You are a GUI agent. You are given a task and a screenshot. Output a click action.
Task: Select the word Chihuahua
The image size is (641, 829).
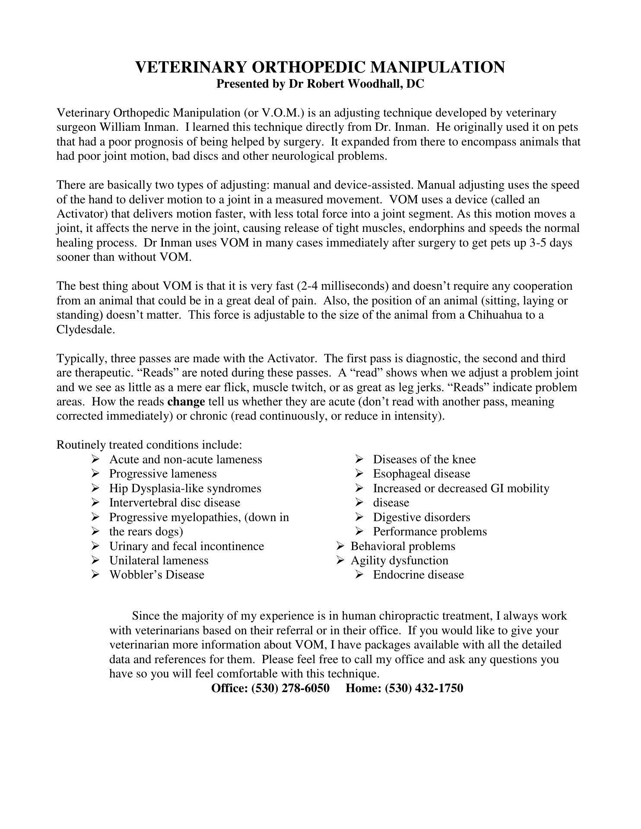click(x=495, y=315)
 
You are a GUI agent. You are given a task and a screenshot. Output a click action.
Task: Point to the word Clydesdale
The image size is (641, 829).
click(x=86, y=329)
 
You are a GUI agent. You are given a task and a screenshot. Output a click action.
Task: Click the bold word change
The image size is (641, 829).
click(x=186, y=402)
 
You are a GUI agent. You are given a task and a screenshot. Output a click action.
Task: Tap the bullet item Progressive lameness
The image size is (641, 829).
click(x=163, y=474)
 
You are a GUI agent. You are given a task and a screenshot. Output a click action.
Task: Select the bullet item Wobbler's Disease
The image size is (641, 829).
click(x=157, y=575)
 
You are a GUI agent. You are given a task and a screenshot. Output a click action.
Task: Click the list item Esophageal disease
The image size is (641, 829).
click(x=422, y=474)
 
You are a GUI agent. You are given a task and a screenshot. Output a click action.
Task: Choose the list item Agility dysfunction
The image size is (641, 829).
click(x=400, y=560)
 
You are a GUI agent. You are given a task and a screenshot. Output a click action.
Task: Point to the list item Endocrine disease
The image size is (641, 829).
click(x=419, y=575)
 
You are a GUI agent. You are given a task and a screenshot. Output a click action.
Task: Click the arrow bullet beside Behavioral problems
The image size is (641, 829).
click(x=340, y=546)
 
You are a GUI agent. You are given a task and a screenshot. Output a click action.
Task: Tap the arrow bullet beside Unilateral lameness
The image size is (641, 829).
click(x=95, y=560)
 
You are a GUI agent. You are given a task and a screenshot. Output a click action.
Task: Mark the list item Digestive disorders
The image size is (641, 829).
click(x=422, y=517)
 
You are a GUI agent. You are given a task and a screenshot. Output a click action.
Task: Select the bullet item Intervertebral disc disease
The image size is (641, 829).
click(x=175, y=503)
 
